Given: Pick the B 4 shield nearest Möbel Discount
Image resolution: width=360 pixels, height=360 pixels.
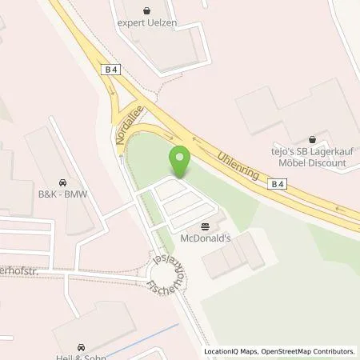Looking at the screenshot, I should coord(276,184).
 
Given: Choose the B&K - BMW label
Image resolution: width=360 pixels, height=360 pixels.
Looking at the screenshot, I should coord(62,193).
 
